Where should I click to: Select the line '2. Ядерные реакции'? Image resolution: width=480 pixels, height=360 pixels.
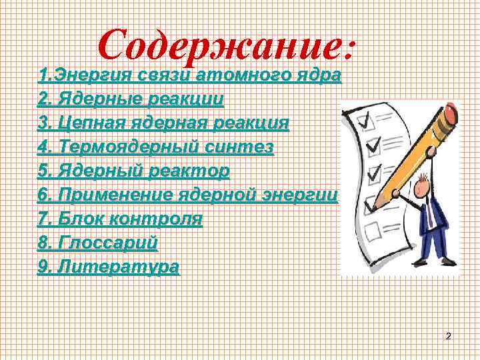click(131, 100)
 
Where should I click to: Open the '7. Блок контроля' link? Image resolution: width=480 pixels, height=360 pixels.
click(120, 218)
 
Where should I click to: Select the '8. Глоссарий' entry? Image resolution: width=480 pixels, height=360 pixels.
click(98, 242)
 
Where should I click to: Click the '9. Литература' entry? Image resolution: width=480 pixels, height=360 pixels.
click(109, 267)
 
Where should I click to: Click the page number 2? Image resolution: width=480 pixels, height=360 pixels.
click(448, 337)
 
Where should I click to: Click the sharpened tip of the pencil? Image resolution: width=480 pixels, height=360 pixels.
click(377, 204)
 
